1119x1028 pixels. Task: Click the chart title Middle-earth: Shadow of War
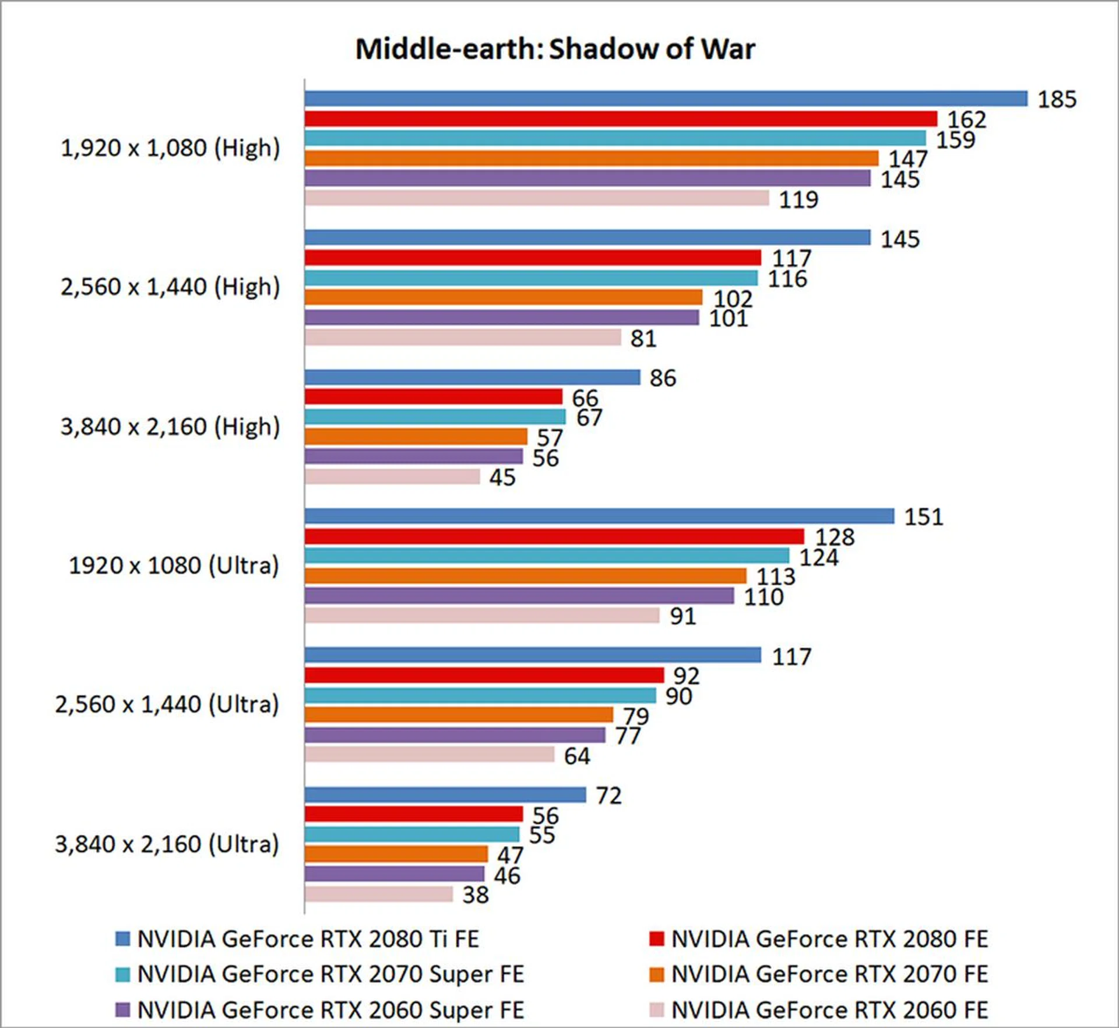[x=555, y=49]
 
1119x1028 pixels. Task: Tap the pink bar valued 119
[x=536, y=198]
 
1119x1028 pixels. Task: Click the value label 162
[x=966, y=120]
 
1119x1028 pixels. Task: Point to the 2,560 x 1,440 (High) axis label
[x=170, y=287]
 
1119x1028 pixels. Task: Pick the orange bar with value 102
[x=503, y=297]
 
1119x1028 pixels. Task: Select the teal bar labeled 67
[x=435, y=416]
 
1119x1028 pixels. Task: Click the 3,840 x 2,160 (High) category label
[x=170, y=427]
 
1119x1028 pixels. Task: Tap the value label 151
[x=923, y=517]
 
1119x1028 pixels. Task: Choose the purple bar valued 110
[x=519, y=595]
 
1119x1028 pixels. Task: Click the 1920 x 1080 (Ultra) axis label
[x=174, y=566]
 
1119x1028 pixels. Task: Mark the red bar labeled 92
[x=484, y=675]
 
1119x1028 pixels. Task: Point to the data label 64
[x=577, y=756]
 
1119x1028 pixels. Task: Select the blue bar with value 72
[x=445, y=795]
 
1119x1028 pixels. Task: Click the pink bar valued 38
[x=378, y=894]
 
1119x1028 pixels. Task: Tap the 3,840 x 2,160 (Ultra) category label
[x=167, y=844]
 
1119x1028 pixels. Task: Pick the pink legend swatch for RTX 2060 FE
[x=657, y=1009]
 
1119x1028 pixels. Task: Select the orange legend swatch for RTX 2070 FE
[x=657, y=974]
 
